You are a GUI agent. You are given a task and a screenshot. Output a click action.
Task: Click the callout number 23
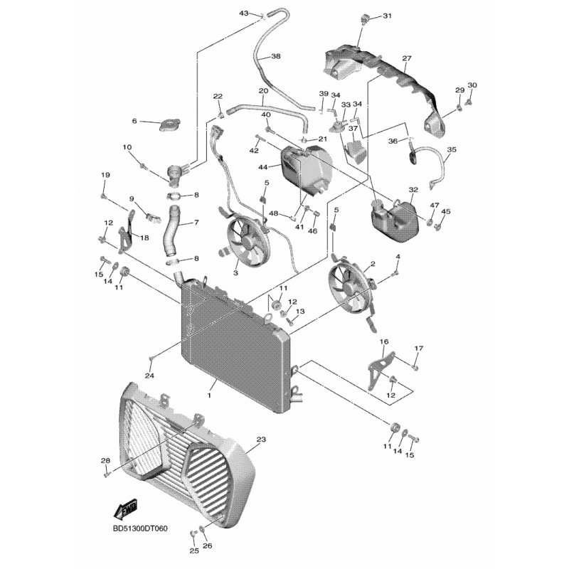(x=260, y=441)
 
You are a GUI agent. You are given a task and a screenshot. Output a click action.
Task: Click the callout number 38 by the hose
(x=276, y=56)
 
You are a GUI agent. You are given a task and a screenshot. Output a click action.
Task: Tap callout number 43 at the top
(x=243, y=14)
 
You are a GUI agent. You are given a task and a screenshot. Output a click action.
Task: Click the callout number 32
(x=413, y=190)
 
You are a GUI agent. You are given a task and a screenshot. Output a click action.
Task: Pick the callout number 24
(x=149, y=376)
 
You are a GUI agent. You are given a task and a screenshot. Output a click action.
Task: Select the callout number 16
(x=384, y=342)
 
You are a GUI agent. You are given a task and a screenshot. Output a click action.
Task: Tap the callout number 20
(x=262, y=91)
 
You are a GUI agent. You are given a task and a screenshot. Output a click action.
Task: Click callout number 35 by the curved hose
(x=451, y=150)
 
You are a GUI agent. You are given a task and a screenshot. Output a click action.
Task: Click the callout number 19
(x=105, y=176)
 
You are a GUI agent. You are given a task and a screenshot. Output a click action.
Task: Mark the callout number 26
(x=208, y=546)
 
